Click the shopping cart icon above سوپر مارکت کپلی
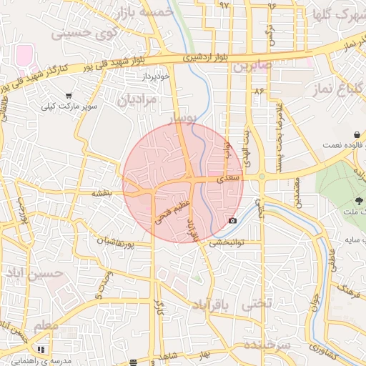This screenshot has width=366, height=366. pos(69,95)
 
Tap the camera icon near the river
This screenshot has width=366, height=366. pos(232,220)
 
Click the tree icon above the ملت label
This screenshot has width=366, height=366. pos(357,202)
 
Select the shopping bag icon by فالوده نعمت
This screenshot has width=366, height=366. pos(356,134)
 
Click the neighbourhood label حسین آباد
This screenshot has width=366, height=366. pos(34,274)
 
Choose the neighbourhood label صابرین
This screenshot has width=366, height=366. pos(252,66)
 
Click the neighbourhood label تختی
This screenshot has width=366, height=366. pos(258,304)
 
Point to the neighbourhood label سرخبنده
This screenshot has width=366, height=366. pos(267,345)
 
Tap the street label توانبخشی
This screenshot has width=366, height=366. pos(227,242)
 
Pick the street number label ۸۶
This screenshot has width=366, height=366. pos(258,91)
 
